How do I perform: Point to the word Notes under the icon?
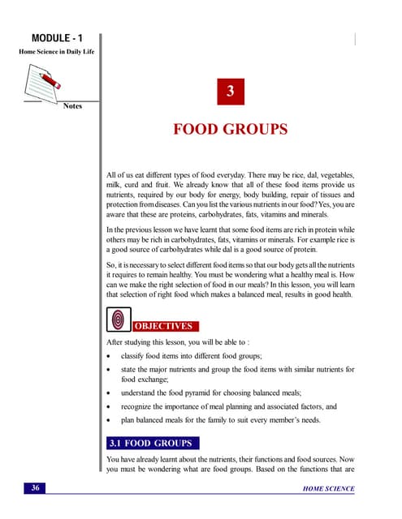click(72, 106)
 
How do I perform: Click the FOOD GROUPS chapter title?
click(231, 131)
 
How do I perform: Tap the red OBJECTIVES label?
click(162, 326)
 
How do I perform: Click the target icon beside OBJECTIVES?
click(118, 321)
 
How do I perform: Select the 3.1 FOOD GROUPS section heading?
click(150, 444)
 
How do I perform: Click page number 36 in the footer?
click(36, 488)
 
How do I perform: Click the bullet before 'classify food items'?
click(110, 356)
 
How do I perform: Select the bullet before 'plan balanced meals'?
click(110, 421)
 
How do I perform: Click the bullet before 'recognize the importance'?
click(110, 406)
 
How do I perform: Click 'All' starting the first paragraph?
click(112, 175)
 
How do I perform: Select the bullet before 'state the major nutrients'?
click(110, 370)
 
